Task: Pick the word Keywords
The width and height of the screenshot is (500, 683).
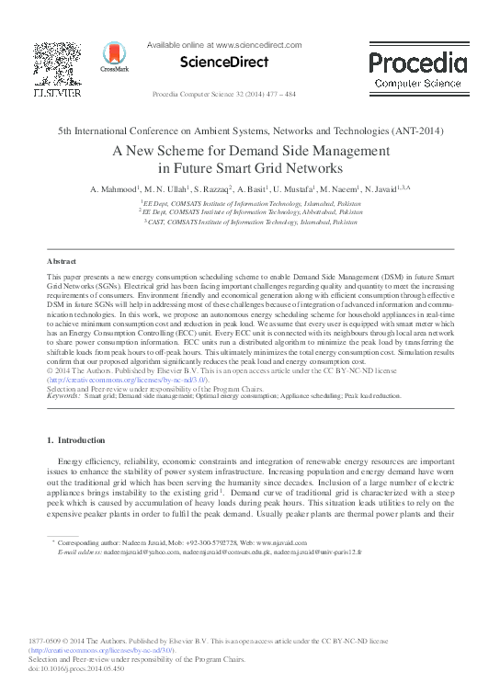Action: (62, 395)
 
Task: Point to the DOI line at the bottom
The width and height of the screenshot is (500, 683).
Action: (84, 668)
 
